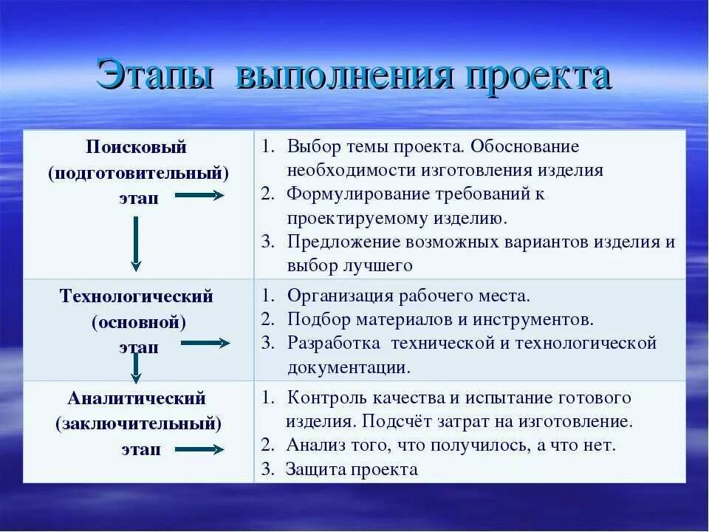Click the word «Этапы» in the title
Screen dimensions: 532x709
click(155, 76)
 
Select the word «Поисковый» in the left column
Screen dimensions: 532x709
click(137, 147)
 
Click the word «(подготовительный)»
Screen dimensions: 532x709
click(139, 174)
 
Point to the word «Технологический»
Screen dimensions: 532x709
click(137, 296)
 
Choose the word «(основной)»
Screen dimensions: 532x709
click(139, 322)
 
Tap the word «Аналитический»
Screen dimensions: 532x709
click(137, 398)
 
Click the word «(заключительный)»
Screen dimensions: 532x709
click(139, 424)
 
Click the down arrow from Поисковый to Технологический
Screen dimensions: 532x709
click(136, 244)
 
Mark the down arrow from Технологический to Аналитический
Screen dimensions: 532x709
click(136, 366)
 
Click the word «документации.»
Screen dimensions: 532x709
click(349, 367)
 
